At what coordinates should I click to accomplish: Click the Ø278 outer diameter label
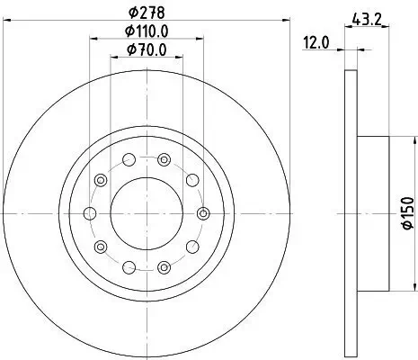point(147,12)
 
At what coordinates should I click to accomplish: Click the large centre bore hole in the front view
point(147,212)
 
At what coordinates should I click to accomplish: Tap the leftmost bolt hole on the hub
point(90,213)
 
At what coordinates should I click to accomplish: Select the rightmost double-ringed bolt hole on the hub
point(203,213)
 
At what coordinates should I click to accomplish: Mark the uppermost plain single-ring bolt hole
point(129,160)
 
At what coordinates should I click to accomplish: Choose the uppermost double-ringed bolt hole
point(164,160)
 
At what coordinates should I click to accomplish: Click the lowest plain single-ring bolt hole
point(129,265)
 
